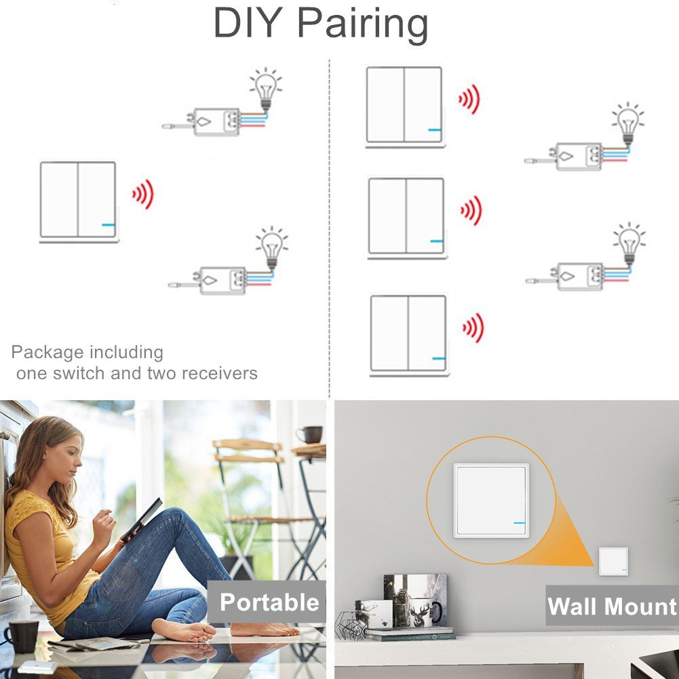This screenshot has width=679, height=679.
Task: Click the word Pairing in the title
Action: (x=363, y=24)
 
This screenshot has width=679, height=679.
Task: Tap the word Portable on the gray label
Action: (x=269, y=602)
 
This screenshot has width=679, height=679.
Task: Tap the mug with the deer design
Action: (x=422, y=613)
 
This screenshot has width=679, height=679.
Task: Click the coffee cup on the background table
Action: (x=309, y=435)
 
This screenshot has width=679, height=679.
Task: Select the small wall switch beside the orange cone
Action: (x=613, y=561)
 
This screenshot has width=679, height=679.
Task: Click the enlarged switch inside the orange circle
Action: (x=491, y=501)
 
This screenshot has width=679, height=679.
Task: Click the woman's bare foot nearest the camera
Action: (x=184, y=631)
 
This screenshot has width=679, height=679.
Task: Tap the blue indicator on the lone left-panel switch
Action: (x=109, y=225)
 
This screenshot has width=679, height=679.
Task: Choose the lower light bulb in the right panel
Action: (x=629, y=244)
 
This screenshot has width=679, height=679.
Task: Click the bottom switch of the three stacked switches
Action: (x=408, y=334)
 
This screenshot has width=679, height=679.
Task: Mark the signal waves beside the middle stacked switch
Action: (x=471, y=210)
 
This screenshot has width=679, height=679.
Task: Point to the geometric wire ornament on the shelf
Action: (x=351, y=625)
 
